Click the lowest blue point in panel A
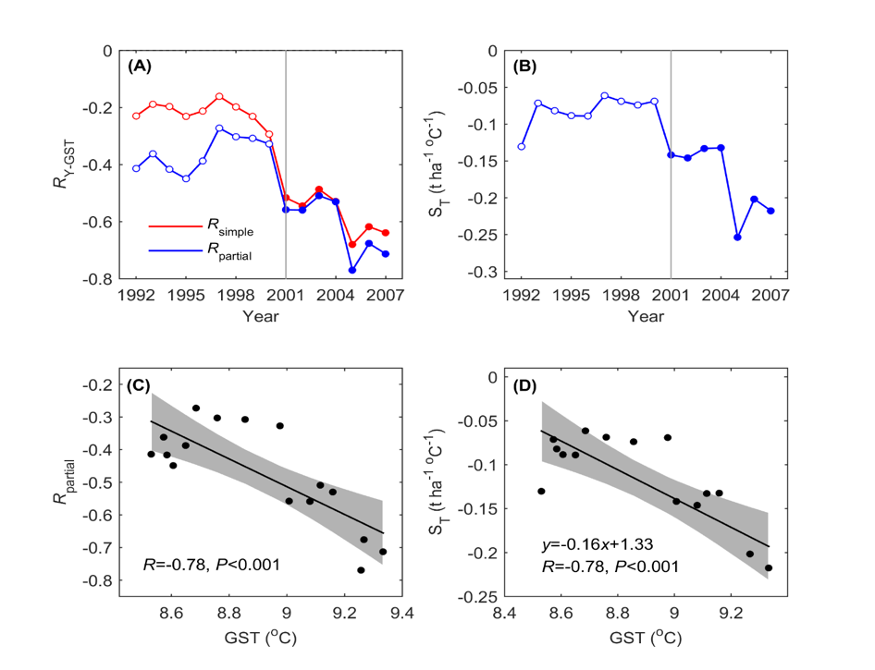(352, 270)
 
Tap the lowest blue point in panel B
(737, 238)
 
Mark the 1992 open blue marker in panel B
(521, 146)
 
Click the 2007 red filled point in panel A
(386, 233)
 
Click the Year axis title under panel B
(645, 316)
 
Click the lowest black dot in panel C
(361, 570)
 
